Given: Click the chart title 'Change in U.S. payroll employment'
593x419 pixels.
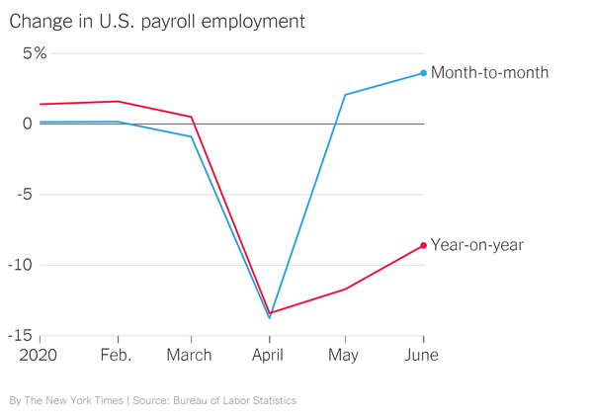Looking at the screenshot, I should [157, 21].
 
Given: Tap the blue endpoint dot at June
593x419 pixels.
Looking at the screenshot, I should [424, 73].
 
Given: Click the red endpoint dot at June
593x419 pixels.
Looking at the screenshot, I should [424, 245].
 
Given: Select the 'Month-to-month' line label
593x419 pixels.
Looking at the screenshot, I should [489, 73].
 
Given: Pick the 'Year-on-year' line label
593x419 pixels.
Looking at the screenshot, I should [477, 245].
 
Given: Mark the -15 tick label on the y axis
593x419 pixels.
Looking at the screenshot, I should [23, 336].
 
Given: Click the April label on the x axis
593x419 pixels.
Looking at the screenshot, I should [268, 355].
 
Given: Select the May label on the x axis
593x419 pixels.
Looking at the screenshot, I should [344, 355].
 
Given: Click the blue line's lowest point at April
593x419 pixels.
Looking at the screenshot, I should [269, 317].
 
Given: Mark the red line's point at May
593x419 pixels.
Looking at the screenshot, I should [345, 289].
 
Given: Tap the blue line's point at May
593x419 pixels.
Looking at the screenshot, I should [345, 95].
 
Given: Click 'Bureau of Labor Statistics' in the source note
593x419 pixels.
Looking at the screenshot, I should [234, 400].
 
